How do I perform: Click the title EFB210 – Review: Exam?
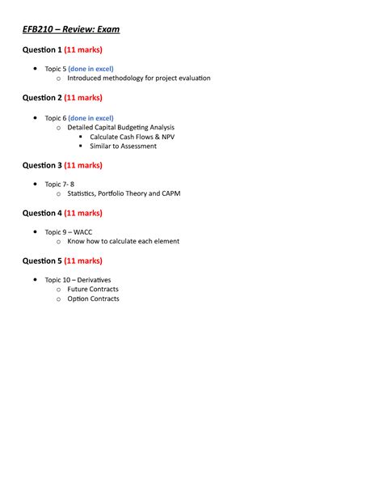(x=70, y=30)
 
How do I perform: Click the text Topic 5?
(x=55, y=69)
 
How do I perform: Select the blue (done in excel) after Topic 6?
(x=90, y=117)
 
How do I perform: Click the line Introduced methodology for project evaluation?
(x=139, y=78)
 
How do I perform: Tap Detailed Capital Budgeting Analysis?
(x=121, y=127)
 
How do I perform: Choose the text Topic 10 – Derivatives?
(x=78, y=280)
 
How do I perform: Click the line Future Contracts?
(x=93, y=289)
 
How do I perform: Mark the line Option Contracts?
(x=93, y=299)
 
